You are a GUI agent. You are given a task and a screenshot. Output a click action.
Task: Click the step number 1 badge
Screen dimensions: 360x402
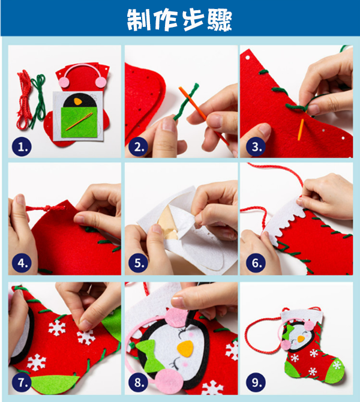point(22,146)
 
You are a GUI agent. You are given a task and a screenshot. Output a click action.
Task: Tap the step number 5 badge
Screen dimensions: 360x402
point(139,263)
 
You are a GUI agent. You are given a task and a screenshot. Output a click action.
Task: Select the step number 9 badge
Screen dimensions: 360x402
point(256,383)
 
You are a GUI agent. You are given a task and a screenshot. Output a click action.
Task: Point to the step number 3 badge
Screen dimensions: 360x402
point(256,146)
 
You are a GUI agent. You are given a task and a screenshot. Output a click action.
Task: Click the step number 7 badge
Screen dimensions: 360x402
point(22,383)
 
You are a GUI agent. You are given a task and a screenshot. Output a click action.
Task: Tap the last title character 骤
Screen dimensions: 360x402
point(220,20)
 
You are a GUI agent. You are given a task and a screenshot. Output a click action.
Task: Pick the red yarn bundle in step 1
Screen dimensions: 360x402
point(25,100)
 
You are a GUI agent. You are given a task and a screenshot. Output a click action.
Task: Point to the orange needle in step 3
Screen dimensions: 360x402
point(301,130)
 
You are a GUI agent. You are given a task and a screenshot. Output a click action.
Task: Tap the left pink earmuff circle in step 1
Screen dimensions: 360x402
point(64,82)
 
